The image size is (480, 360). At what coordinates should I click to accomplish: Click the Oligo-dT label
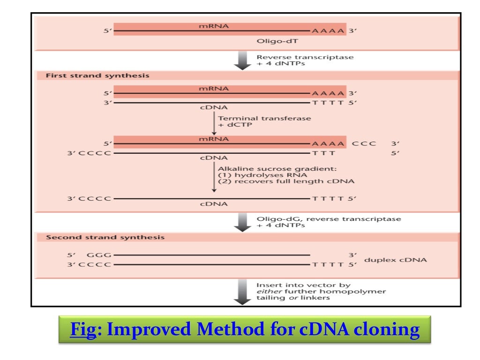click(272, 41)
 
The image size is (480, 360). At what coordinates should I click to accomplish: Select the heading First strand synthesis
click(97, 75)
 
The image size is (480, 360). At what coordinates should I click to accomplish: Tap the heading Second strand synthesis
click(105, 237)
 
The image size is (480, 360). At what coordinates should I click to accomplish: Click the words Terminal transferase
click(264, 119)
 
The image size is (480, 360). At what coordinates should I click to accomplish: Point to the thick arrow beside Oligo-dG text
click(242, 222)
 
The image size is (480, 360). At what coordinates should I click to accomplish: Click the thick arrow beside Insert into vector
click(242, 291)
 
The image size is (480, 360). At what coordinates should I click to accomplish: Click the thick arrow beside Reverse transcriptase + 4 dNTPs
click(242, 60)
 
